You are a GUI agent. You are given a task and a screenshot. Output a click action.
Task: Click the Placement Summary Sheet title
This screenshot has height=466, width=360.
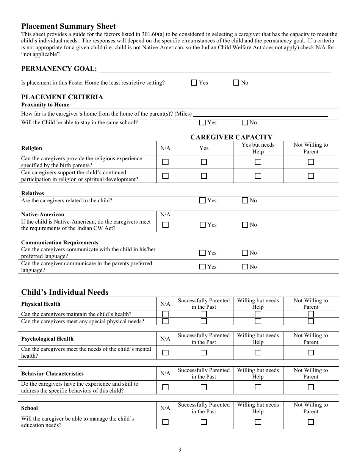[x=69, y=26]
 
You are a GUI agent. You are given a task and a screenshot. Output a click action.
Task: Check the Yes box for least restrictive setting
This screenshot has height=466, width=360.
[x=194, y=83]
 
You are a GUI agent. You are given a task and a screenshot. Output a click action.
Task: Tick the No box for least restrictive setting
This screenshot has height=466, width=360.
[x=236, y=83]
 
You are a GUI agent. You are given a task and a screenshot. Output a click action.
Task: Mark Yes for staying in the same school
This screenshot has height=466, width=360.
[x=202, y=122]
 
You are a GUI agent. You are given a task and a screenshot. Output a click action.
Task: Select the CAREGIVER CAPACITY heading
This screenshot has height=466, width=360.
[x=231, y=137]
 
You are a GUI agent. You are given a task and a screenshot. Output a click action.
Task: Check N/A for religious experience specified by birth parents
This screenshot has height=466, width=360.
[x=165, y=162]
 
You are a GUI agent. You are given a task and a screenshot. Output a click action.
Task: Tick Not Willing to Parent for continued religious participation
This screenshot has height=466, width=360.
[x=311, y=176]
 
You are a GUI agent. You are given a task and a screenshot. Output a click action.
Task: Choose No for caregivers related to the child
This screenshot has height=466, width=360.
[x=245, y=200]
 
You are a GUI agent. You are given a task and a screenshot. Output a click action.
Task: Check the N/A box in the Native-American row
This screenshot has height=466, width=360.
[x=165, y=225]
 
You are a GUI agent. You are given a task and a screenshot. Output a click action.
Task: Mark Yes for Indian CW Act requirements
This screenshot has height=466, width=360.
[x=202, y=225]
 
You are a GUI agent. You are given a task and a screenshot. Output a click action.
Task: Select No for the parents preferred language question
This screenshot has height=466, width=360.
[x=245, y=267]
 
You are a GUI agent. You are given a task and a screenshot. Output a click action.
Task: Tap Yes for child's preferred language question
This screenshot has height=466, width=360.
[x=202, y=253]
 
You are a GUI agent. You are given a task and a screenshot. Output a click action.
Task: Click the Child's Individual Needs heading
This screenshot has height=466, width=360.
[x=65, y=292]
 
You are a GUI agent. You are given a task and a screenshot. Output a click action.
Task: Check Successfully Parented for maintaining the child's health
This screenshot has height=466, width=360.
[x=203, y=314]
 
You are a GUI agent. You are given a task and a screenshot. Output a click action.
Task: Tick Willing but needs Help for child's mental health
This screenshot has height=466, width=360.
[x=258, y=352]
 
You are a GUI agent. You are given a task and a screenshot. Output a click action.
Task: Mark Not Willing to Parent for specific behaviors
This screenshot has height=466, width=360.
[x=311, y=387]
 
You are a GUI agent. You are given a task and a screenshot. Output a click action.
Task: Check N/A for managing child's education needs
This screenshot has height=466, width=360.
[x=165, y=422]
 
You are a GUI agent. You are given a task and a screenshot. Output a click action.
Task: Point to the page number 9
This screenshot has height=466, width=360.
[x=180, y=450]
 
